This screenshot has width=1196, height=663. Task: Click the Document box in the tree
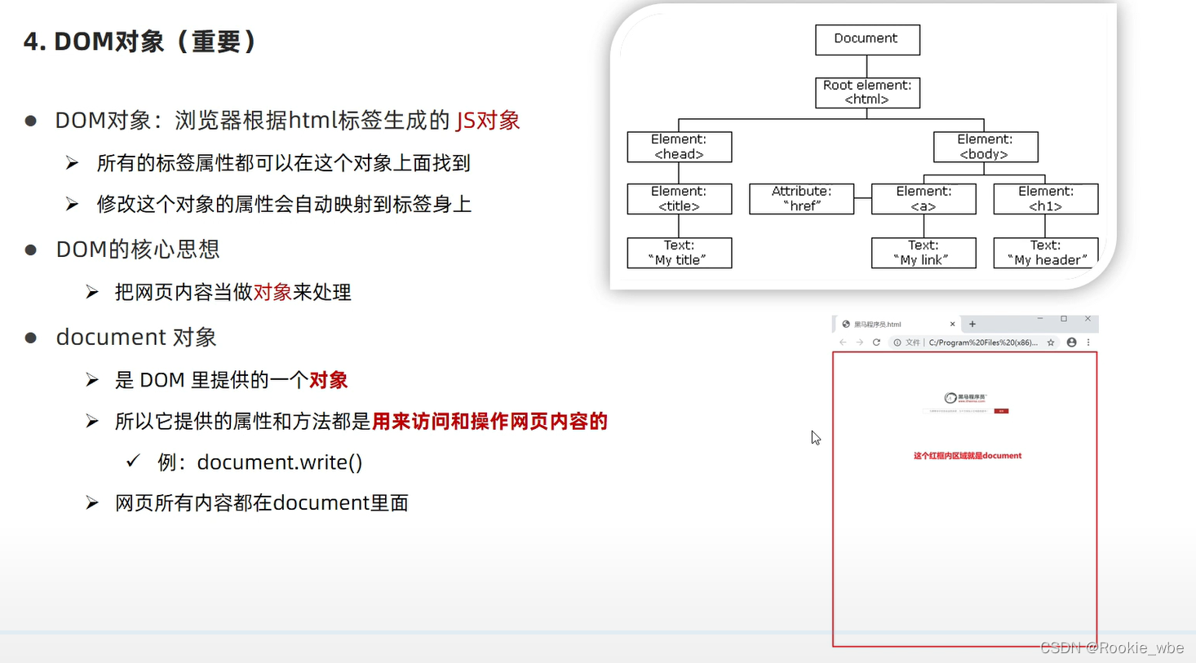[867, 39]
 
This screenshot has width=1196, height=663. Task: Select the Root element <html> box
[867, 92]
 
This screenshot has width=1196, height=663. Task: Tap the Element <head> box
[679, 147]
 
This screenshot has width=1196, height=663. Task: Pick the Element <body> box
[985, 147]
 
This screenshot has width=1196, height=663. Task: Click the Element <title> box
[679, 199]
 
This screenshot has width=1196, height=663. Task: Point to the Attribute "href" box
[801, 199]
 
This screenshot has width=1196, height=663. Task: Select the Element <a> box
[924, 199]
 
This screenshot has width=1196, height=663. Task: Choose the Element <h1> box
[1045, 199]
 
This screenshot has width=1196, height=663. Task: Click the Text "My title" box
[679, 253]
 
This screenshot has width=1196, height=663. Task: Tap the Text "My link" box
[924, 253]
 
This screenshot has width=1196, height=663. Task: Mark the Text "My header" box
[1045, 253]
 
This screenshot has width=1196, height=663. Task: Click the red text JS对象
[488, 121]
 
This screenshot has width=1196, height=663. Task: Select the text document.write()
[279, 462]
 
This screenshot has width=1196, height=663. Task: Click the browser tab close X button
[952, 325]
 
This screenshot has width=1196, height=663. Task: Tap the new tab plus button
[972, 325]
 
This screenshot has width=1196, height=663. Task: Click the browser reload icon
[876, 343]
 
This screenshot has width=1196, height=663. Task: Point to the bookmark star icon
[1051, 343]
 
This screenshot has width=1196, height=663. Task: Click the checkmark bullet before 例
[133, 462]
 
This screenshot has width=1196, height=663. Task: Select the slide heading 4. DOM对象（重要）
[140, 42]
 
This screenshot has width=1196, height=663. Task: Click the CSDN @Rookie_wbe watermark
[1112, 648]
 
